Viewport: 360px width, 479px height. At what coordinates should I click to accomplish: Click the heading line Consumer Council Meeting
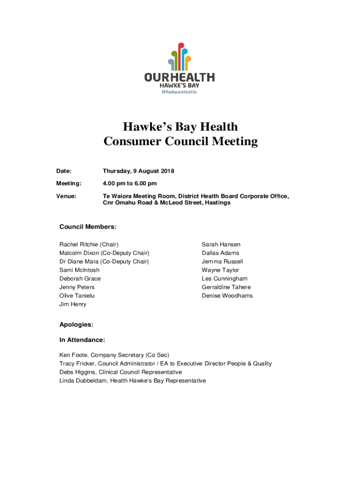click(180, 141)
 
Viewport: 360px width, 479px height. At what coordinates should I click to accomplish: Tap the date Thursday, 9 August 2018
click(138, 171)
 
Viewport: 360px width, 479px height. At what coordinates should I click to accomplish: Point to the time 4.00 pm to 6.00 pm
click(130, 183)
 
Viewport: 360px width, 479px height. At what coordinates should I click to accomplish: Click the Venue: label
click(66, 196)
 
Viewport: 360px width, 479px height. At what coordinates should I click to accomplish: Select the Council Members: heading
click(87, 227)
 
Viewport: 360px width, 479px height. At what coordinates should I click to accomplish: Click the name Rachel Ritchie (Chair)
click(89, 245)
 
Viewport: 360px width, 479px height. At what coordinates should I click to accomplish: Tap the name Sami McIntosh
click(79, 270)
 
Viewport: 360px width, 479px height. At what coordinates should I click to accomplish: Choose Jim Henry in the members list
click(73, 304)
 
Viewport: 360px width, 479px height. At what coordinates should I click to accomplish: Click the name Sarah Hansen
click(221, 245)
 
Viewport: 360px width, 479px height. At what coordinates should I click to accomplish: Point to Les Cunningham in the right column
click(224, 279)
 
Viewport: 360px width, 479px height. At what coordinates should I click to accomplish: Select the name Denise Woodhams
click(227, 296)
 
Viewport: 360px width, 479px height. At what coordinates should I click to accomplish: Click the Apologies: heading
click(76, 324)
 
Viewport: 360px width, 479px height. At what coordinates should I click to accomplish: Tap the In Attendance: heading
click(82, 340)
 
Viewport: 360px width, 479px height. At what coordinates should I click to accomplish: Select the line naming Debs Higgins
click(121, 372)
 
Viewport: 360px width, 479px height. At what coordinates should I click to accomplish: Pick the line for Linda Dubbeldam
click(132, 381)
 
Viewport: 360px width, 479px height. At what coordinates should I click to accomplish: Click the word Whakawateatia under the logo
click(179, 92)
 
